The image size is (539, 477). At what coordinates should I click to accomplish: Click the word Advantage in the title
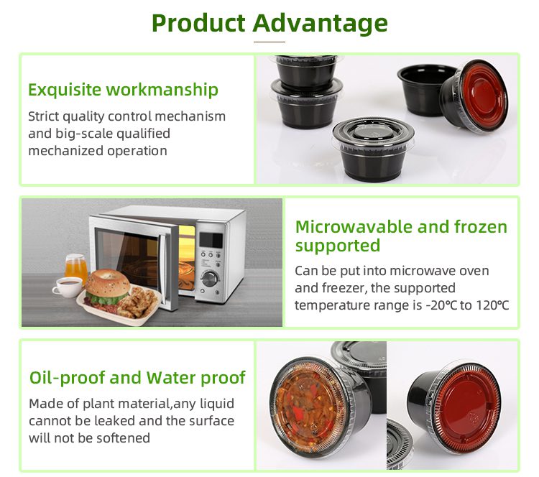pyautogui.click(x=320, y=24)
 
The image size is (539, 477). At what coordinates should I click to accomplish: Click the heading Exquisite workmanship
pyautogui.click(x=123, y=90)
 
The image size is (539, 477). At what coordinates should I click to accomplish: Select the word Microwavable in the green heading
pyautogui.click(x=354, y=228)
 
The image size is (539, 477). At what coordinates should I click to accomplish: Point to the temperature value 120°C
pyautogui.click(x=492, y=305)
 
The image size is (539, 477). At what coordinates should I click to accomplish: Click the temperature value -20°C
pyautogui.click(x=441, y=305)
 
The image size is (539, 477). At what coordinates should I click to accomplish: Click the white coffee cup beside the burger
pyautogui.click(x=68, y=287)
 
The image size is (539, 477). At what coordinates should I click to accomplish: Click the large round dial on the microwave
pyautogui.click(x=209, y=278)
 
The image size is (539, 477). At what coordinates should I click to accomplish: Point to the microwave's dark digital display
pyautogui.click(x=211, y=240)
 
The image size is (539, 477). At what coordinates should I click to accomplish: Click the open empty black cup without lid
pyautogui.click(x=426, y=88)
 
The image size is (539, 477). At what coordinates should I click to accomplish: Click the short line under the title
pyautogui.click(x=269, y=42)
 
